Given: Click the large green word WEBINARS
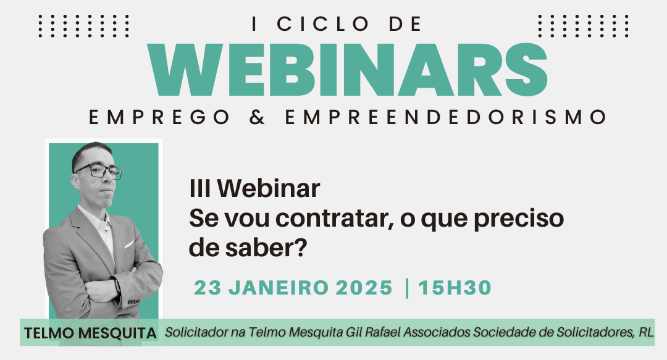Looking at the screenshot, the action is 348,70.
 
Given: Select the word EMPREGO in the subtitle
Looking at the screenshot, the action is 159,117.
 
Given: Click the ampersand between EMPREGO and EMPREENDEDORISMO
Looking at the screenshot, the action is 258,117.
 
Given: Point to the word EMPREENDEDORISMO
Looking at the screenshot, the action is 446,117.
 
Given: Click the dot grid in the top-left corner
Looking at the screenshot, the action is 83,26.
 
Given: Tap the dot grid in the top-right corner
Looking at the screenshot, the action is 583,26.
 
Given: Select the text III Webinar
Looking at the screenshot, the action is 254,188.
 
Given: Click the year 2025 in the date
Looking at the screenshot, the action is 364,288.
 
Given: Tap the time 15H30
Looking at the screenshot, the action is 455,288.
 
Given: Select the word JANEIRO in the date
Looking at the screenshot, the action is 279,288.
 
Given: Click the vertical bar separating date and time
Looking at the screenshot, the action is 407,288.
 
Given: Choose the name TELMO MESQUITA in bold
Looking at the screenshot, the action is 90,333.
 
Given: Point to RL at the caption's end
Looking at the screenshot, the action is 646,332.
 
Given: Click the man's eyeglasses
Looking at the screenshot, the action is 99,171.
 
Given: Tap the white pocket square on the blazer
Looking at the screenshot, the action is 129,245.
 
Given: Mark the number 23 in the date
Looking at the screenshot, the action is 208,288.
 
